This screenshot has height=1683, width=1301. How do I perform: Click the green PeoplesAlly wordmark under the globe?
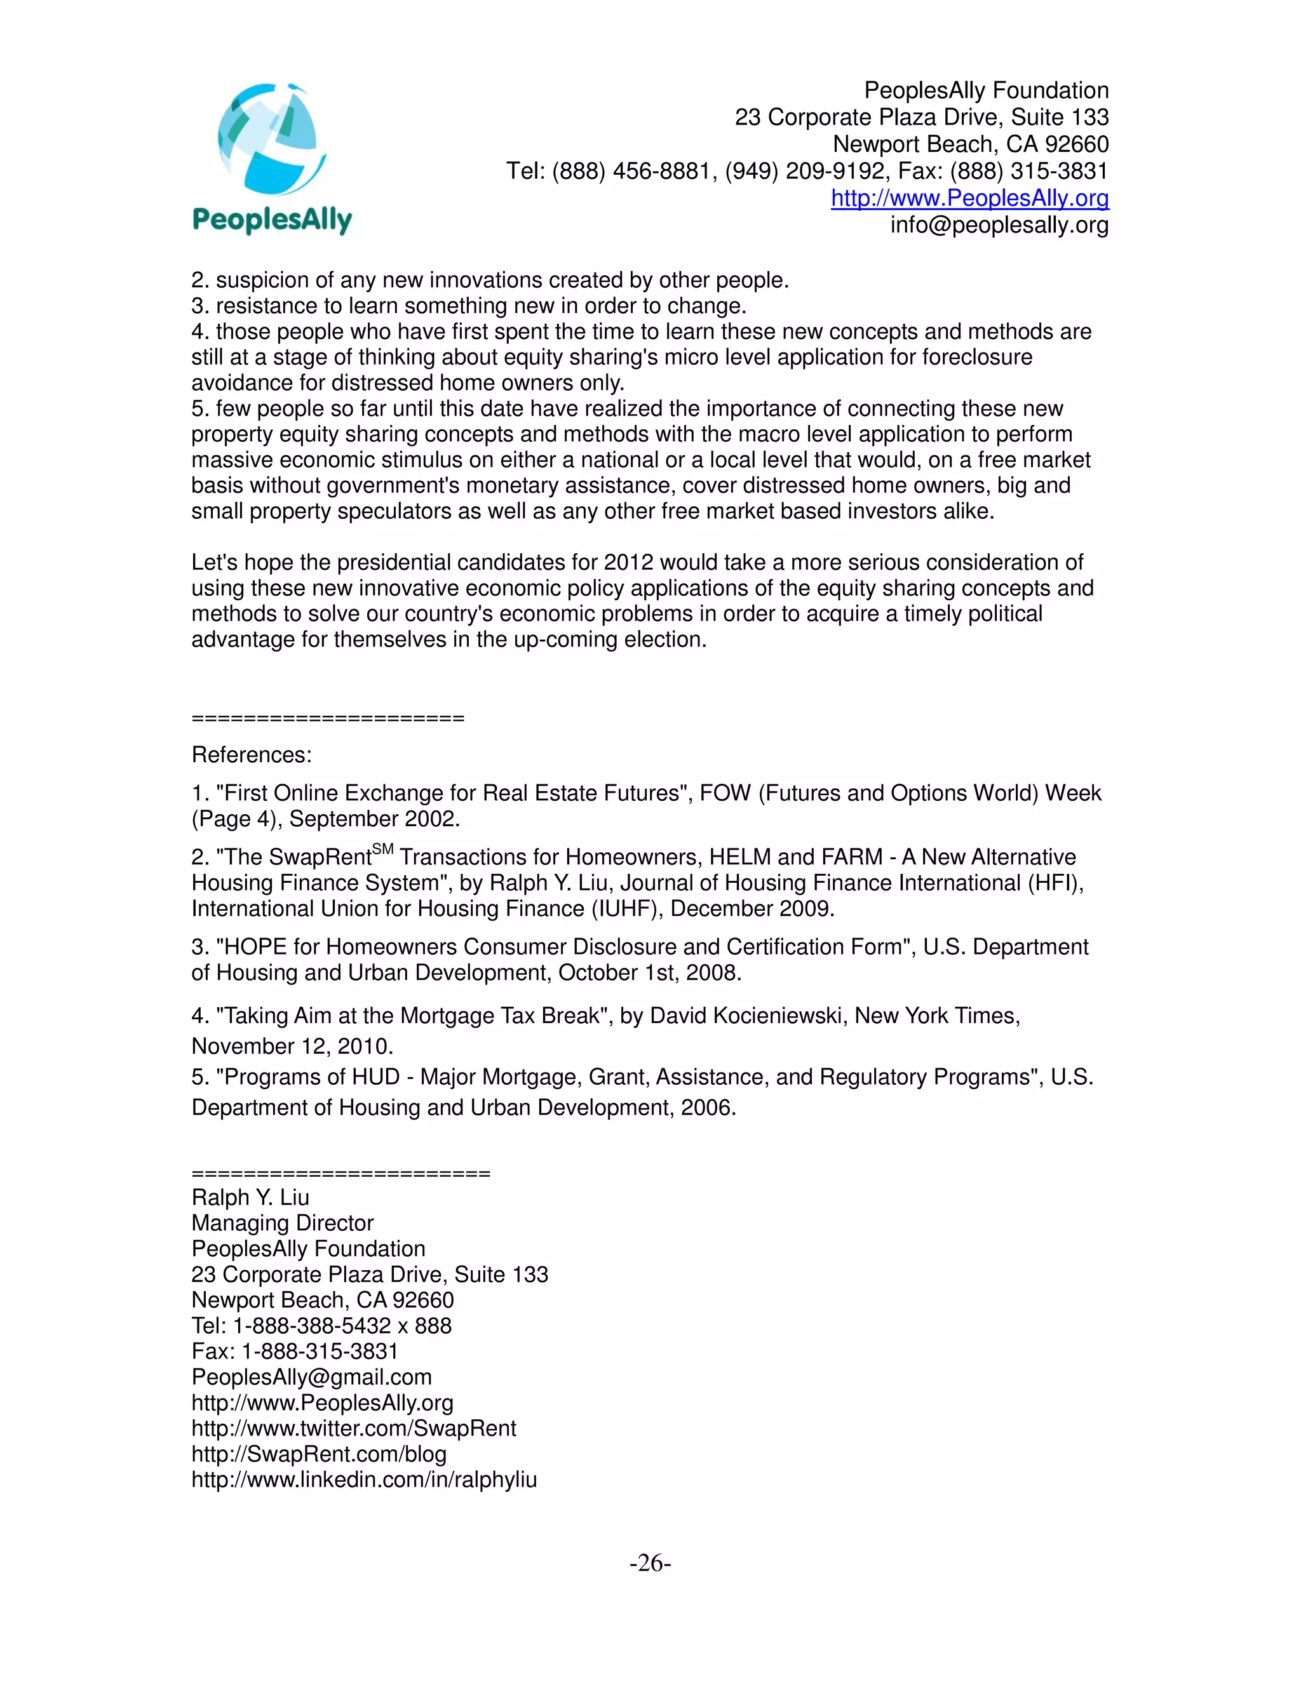pos(272,220)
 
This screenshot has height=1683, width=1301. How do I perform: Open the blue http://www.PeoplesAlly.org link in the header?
pos(969,198)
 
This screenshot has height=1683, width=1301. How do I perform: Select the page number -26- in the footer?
pos(650,1563)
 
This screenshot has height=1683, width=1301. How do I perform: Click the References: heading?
pos(252,754)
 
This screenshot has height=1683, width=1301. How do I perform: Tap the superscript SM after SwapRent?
pos(382,849)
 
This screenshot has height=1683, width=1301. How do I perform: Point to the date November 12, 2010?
pos(292,1047)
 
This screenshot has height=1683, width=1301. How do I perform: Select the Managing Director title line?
pos(282,1223)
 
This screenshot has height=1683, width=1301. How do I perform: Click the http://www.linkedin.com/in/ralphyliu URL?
pos(364,1480)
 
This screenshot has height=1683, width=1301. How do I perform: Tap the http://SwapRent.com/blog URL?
pos(318,1454)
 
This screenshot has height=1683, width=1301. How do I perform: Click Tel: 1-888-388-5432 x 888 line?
pos(321,1325)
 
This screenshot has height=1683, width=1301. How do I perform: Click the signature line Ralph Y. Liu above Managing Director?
pos(250,1198)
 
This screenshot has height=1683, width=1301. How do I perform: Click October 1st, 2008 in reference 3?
pos(649,972)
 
